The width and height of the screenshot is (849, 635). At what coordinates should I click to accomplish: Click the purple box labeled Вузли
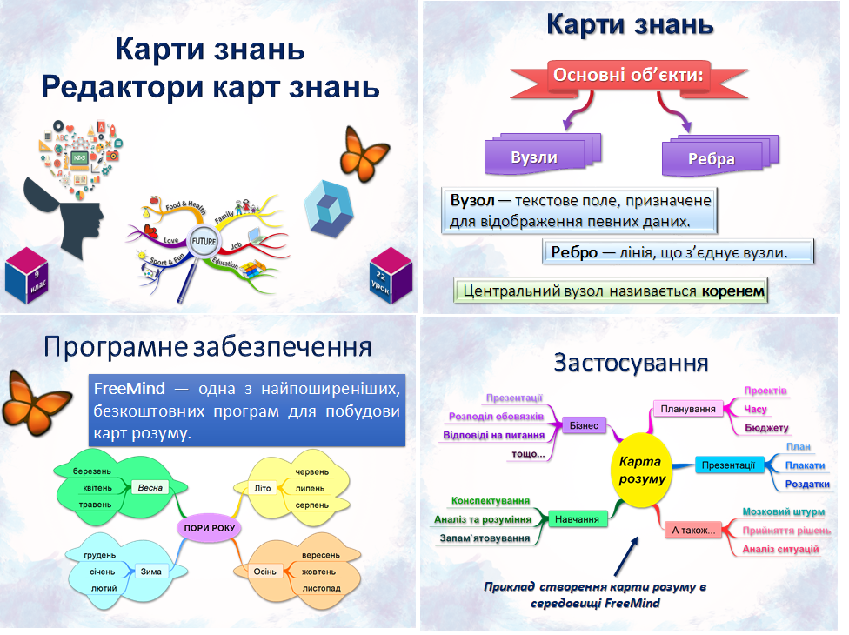tap(534, 157)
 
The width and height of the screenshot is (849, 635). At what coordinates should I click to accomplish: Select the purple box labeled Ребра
tap(711, 158)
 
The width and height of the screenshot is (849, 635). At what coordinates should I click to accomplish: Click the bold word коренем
tap(733, 291)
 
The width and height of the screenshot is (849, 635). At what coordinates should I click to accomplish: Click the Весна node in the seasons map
tap(150, 487)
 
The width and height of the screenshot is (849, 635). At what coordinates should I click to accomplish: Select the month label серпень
tap(311, 505)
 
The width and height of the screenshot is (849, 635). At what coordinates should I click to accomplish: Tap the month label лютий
tap(104, 588)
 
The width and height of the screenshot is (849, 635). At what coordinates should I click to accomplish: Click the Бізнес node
tap(584, 426)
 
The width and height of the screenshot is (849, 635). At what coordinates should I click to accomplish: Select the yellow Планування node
tap(688, 409)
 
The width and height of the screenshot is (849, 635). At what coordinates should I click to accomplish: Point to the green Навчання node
tap(577, 519)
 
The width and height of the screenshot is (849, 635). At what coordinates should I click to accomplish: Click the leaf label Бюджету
tap(766, 428)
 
